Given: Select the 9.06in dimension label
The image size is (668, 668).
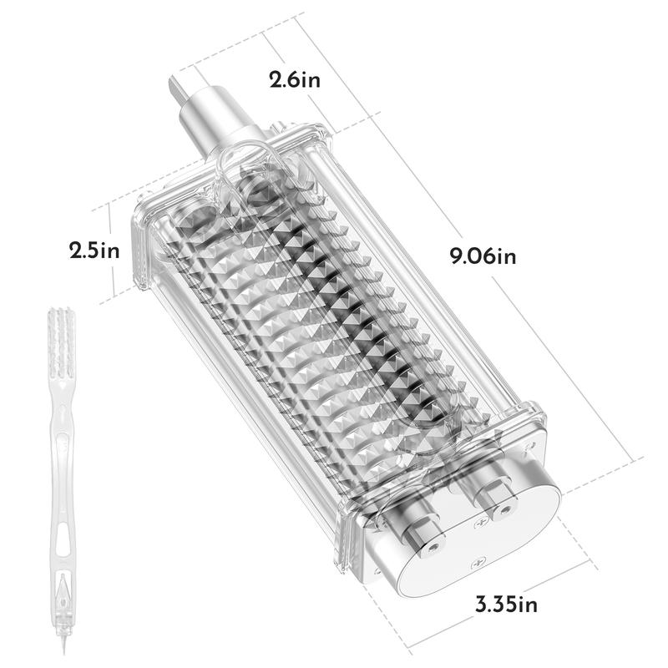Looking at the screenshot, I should pos(483,256).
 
